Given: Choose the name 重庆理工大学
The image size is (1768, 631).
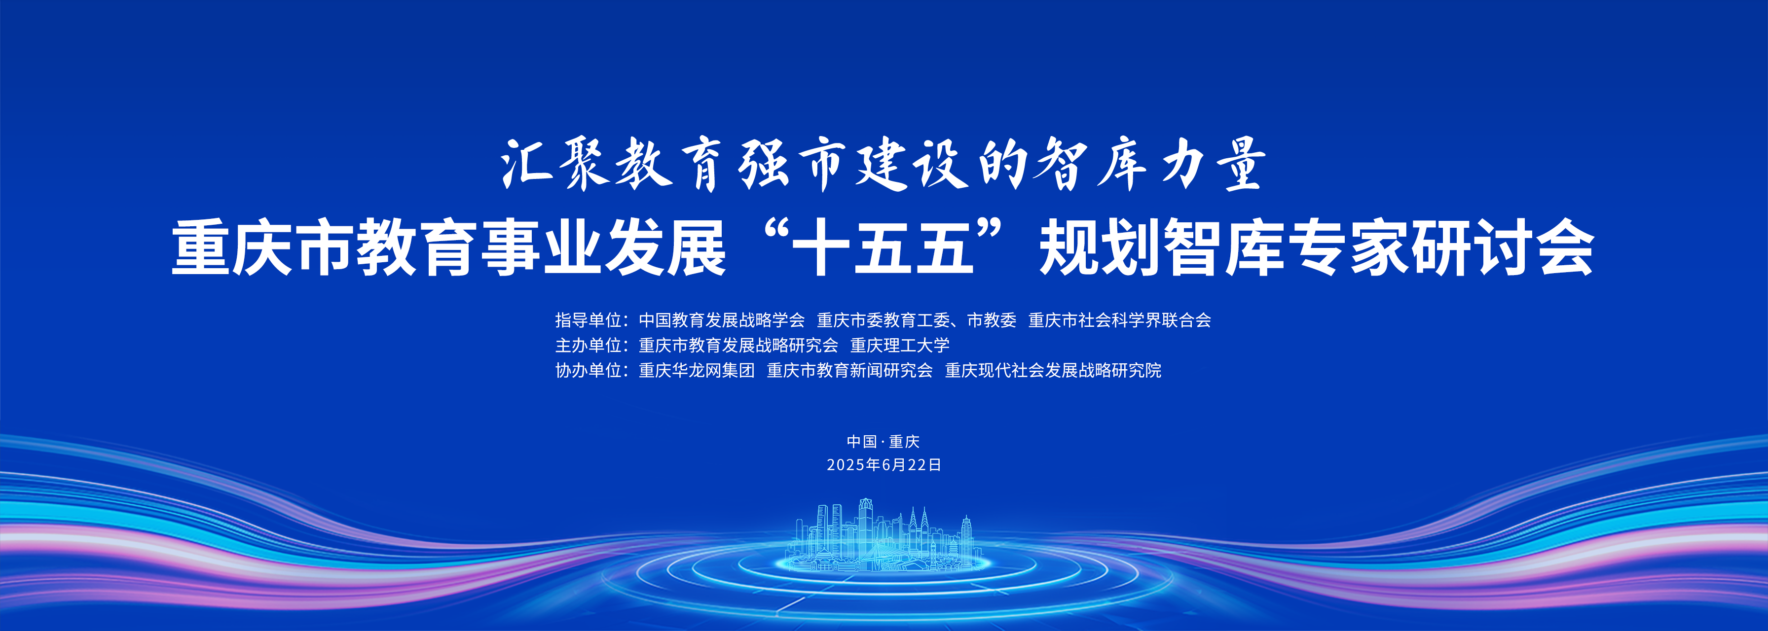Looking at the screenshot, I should pyautogui.click(x=900, y=345).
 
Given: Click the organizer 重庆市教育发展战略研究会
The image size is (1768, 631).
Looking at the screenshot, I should pyautogui.click(x=738, y=345).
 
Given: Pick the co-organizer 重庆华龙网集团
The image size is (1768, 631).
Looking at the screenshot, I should pyautogui.click(x=697, y=370).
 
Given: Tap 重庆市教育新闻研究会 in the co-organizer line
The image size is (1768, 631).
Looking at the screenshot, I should pyautogui.click(x=849, y=370).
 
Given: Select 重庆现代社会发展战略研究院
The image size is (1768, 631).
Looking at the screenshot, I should pyautogui.click(x=1053, y=370).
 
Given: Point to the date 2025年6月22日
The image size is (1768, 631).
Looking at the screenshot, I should pyautogui.click(x=884, y=465).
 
